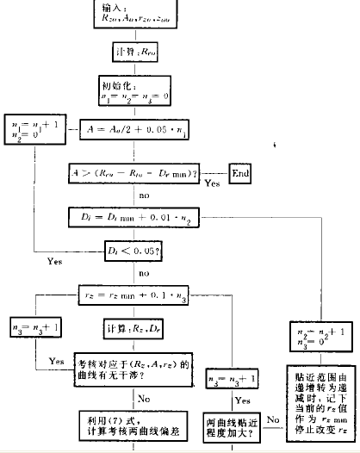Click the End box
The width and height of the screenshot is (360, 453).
(x=240, y=173)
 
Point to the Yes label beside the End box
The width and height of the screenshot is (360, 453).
(x=212, y=183)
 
